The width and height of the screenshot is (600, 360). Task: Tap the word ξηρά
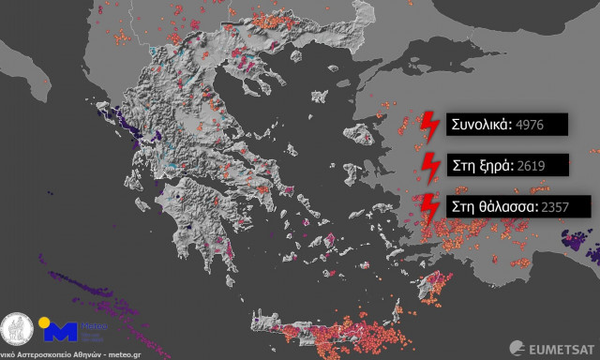coord(492,165)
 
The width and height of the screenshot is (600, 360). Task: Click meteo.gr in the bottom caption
coord(127,354)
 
